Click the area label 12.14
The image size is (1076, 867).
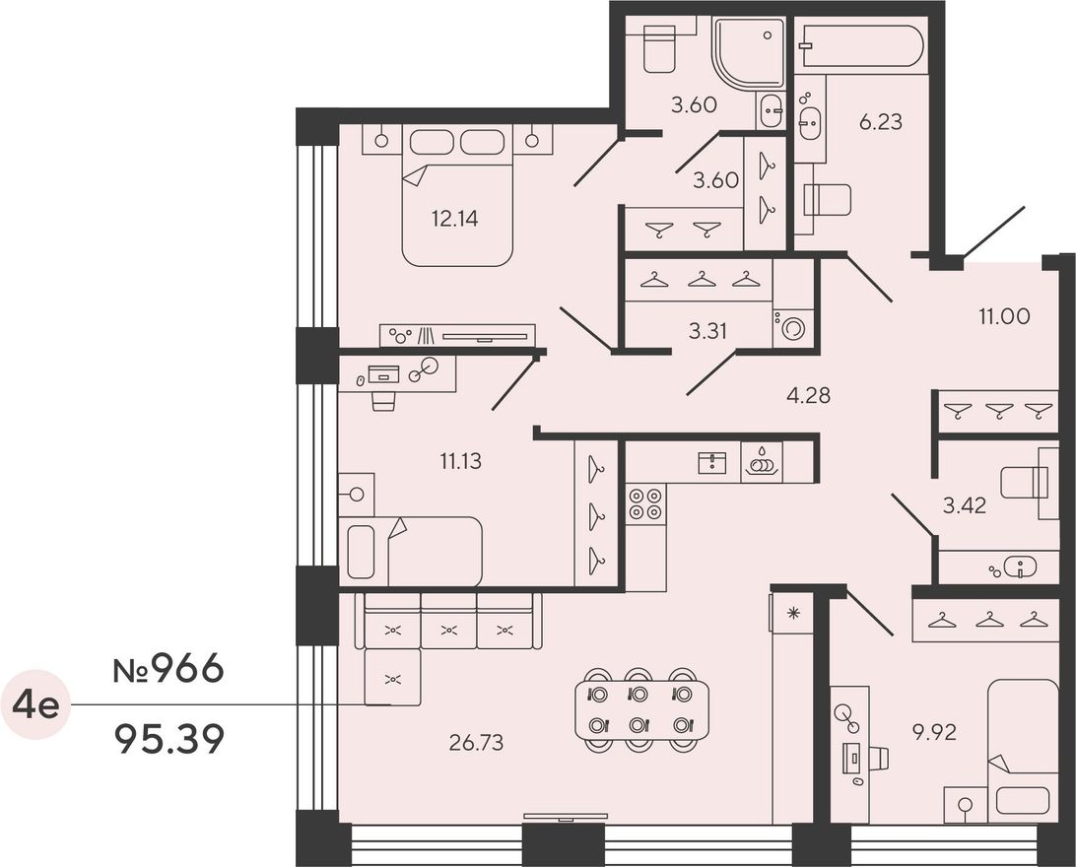click(454, 219)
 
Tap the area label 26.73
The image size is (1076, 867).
click(476, 742)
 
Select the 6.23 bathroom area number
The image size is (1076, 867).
click(881, 122)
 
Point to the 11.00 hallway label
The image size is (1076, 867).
click(1004, 316)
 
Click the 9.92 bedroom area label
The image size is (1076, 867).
click(934, 733)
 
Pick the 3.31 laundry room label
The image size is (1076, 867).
click(707, 331)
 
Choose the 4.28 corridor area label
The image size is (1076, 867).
click(808, 395)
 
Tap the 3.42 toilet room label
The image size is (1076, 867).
click(964, 505)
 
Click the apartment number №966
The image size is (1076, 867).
click(168, 669)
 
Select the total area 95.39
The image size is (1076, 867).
click(170, 740)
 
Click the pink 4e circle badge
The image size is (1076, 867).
click(37, 704)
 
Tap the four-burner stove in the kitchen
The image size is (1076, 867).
click(645, 504)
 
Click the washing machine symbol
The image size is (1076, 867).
click(793, 328)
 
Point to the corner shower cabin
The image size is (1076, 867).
click(748, 54)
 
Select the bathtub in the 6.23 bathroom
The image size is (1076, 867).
click(861, 45)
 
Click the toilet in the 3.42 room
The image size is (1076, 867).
click(1025, 483)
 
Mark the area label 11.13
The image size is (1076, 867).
click(460, 461)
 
